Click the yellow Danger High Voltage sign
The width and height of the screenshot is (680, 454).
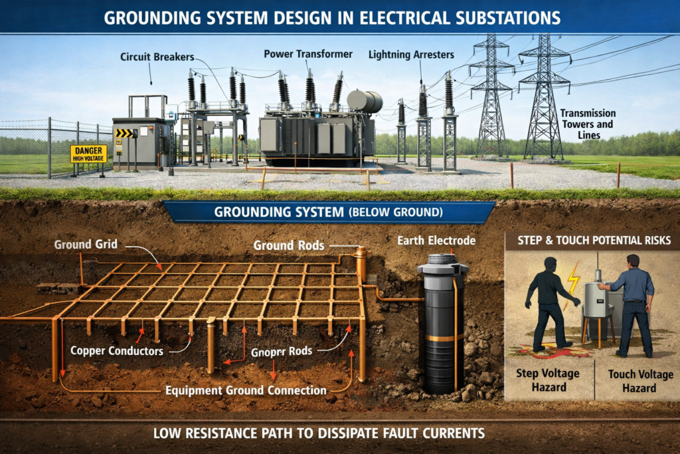[88, 154]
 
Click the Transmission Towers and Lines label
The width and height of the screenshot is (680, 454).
[587, 124]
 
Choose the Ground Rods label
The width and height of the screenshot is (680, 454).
[289, 245]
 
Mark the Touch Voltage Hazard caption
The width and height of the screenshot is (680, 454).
[640, 381]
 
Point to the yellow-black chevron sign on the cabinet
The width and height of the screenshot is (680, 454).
[124, 133]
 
